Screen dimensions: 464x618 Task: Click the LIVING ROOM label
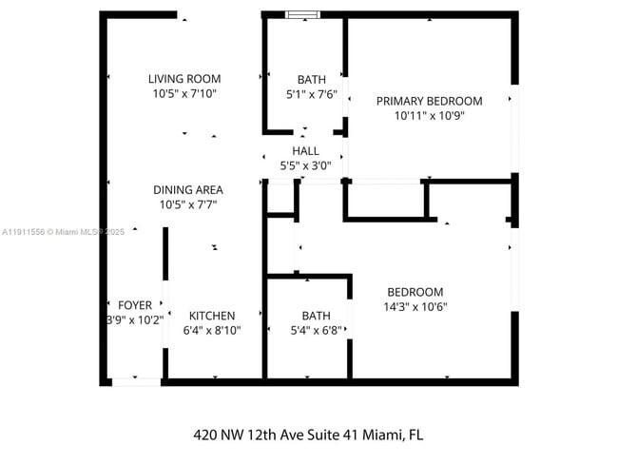pyautogui.click(x=184, y=79)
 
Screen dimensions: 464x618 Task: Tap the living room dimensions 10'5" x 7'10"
pyautogui.click(x=184, y=94)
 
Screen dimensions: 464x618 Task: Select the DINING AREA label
pyautogui.click(x=187, y=189)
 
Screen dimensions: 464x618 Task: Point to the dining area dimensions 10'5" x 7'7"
pyautogui.click(x=187, y=204)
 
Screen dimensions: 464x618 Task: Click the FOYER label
pyautogui.click(x=134, y=305)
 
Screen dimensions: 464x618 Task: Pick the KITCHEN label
pyautogui.click(x=212, y=316)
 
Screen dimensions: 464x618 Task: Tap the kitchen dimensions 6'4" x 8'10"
pyautogui.click(x=212, y=331)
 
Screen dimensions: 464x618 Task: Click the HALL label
pyautogui.click(x=305, y=151)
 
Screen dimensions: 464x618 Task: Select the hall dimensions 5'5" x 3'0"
pyautogui.click(x=305, y=165)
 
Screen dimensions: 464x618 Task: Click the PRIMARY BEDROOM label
pyautogui.click(x=429, y=101)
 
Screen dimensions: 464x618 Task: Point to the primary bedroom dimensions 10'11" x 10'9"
pyautogui.click(x=429, y=116)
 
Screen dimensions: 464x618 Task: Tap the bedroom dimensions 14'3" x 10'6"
pyautogui.click(x=415, y=307)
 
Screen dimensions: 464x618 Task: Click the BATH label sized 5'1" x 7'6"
pyautogui.click(x=311, y=80)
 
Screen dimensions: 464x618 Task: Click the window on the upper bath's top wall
pyautogui.click(x=303, y=14)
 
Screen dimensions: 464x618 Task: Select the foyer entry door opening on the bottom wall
pyautogui.click(x=136, y=381)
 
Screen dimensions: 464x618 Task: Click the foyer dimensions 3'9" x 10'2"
pyautogui.click(x=134, y=320)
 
